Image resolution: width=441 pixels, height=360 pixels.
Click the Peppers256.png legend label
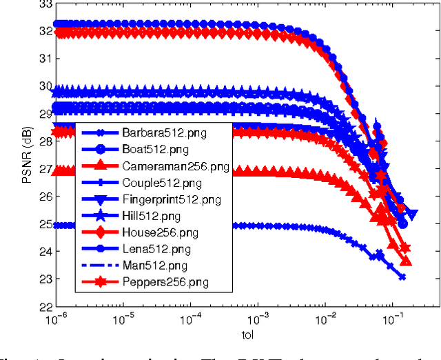click(166, 282)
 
